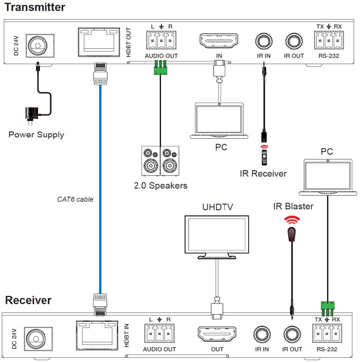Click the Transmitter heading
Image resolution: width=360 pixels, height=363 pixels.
[x=35, y=7]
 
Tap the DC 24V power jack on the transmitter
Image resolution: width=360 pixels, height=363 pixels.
[x=36, y=44]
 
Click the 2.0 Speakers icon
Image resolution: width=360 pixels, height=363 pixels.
[x=160, y=161]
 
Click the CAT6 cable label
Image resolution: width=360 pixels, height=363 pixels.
[x=75, y=199]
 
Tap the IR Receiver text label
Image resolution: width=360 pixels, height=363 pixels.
[x=263, y=174]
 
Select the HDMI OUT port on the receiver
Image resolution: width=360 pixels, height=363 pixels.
[x=217, y=335]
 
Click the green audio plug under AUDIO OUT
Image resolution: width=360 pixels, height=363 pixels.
[x=161, y=69]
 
